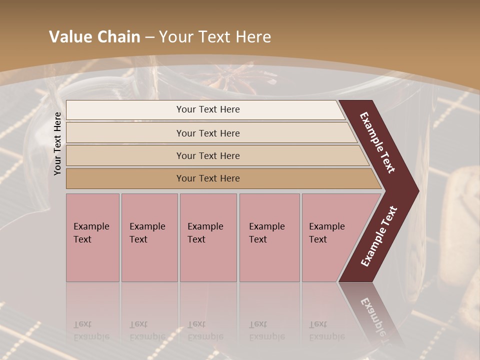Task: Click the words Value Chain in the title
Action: (94, 37)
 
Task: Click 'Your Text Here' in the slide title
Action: (215, 37)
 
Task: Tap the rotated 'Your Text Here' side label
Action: (57, 143)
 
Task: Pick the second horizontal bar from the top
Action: (207, 133)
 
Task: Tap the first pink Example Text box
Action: (92, 237)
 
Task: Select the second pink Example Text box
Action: (149, 237)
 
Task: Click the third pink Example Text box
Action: (208, 237)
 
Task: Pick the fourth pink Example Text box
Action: (269, 237)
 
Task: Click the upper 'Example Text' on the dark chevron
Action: (377, 142)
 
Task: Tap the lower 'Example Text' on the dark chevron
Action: (379, 236)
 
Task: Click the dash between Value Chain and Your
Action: (149, 37)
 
